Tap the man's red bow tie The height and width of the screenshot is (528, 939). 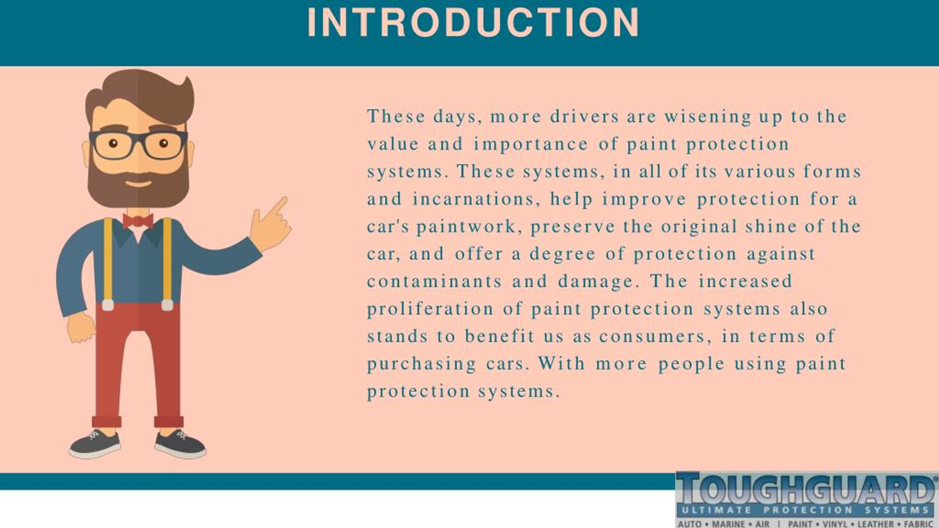138,221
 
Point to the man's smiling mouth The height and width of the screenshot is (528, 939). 138,183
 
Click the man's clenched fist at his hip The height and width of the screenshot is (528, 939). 81,327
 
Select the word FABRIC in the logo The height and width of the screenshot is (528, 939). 919,524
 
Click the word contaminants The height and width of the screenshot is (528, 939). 434,282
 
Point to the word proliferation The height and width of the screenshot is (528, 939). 430,309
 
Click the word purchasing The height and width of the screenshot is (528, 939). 421,364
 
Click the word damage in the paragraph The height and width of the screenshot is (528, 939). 599,282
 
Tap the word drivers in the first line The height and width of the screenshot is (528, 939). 584,117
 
